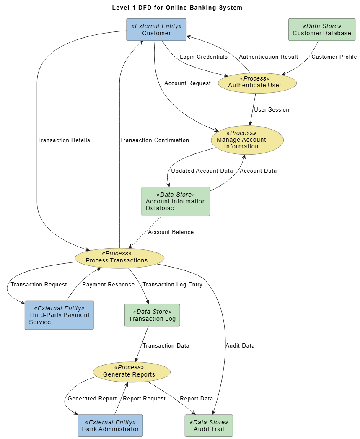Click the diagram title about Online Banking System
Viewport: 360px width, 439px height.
pyautogui.click(x=177, y=8)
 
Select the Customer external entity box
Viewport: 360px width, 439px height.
pyautogui.click(x=156, y=29)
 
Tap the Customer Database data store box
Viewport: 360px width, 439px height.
pyautogui.click(x=321, y=29)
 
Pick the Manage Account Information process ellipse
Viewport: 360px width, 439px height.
pyautogui.click(x=247, y=140)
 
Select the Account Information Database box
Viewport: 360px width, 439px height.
pyautogui.click(x=176, y=201)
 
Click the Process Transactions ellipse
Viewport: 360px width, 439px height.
pyautogui.click(x=119, y=258)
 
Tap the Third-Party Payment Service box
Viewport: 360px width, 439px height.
pyautogui.click(x=59, y=315)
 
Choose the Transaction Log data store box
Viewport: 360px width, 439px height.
pyautogui.click(x=152, y=315)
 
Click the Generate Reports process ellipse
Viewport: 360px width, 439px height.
pyautogui.click(x=132, y=372)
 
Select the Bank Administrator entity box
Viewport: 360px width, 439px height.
pyautogui.click(x=110, y=426)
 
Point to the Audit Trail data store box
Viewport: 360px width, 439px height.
pyautogui.click(x=209, y=426)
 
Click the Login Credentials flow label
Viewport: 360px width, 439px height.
pyautogui.click(x=204, y=57)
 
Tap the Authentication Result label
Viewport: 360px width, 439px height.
pyautogui.click(x=268, y=57)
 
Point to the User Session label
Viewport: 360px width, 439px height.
pyautogui.click(x=272, y=109)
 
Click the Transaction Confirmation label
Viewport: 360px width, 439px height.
pyautogui.click(x=154, y=140)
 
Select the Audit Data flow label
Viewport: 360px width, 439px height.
pyautogui.click(x=240, y=345)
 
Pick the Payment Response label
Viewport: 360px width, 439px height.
pyautogui.click(x=108, y=284)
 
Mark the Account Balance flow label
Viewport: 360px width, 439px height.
pyautogui.click(x=171, y=232)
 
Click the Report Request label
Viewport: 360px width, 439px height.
pyautogui.click(x=144, y=398)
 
